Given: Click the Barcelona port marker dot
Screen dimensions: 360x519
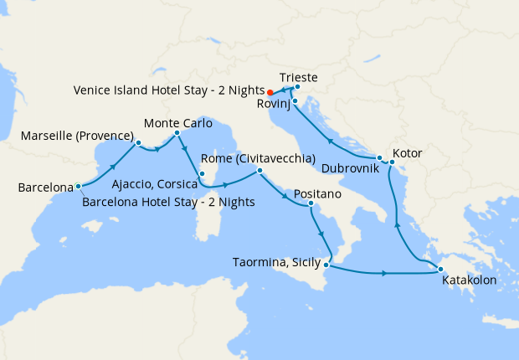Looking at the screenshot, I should (x=78, y=187).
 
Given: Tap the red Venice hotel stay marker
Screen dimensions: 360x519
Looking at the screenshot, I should (x=270, y=91).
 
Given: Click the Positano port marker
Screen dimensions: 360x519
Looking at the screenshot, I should (x=311, y=203).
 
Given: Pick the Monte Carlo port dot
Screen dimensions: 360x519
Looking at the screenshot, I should (x=177, y=132).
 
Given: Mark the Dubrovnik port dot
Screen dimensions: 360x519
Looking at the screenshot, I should (x=379, y=158).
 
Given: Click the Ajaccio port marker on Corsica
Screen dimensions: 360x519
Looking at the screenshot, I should (x=202, y=174).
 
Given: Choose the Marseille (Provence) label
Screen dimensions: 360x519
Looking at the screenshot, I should (x=78, y=135).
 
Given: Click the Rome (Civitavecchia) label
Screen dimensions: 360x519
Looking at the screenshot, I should (x=258, y=158).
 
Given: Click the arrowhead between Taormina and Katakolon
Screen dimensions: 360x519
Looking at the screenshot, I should (x=384, y=274).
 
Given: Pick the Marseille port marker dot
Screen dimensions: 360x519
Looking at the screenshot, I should (x=138, y=143).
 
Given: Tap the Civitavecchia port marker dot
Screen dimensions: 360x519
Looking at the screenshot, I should (x=259, y=171).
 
